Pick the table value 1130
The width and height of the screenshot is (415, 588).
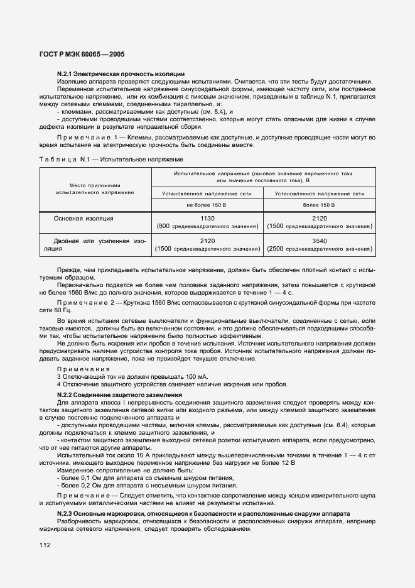tap(207, 217)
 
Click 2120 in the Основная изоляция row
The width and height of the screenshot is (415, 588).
tap(320, 217)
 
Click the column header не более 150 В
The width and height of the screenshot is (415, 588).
tap(207, 204)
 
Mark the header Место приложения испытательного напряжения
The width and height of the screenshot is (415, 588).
tap(94, 188)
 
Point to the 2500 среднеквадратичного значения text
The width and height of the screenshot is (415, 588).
tap(320, 249)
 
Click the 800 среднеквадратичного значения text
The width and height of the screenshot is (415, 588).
tap(207, 226)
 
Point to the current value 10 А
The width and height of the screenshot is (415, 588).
tap(141, 454)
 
